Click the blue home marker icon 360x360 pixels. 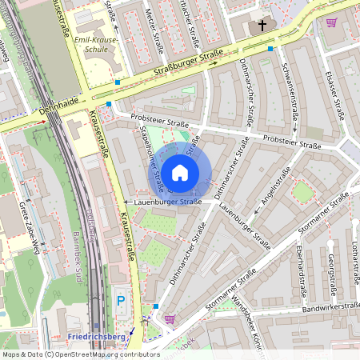[x=180, y=172]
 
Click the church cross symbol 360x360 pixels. [x=262, y=26]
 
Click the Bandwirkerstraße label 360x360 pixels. [x=330, y=307]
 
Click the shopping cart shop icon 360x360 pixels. [x=170, y=318]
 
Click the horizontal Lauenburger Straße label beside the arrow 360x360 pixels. [x=168, y=202]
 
